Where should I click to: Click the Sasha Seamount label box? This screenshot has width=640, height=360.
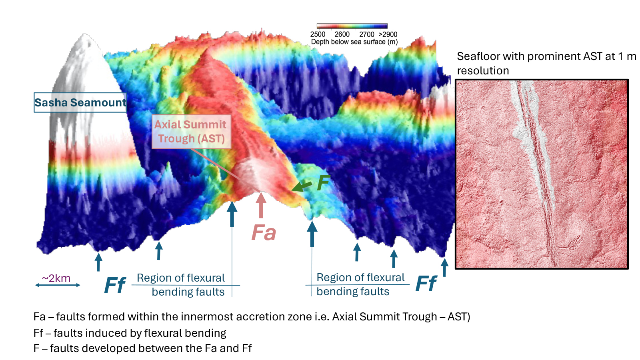pos(80,102)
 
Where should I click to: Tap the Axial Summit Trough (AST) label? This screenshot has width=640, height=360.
pos(191,132)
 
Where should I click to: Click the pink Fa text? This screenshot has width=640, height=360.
pos(264,232)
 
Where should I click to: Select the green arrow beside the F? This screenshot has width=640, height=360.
pos(302,186)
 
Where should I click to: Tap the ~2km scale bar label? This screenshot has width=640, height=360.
pos(56,278)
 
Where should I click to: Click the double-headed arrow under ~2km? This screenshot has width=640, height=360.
pos(58,285)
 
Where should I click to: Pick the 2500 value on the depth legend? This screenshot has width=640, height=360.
pos(318,34)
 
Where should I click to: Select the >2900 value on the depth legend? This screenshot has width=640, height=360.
pos(388,34)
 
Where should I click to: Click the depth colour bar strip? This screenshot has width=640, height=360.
pos(352,26)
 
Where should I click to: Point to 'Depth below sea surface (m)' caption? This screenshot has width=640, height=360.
pos(354,42)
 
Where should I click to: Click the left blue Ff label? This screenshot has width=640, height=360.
pos(115,285)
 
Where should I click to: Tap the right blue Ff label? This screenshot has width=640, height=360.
pos(426,284)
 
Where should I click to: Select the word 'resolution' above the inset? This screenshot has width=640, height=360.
pos(483,70)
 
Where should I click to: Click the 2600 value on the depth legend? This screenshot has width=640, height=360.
pos(342,34)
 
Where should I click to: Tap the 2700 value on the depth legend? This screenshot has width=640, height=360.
pos(366,34)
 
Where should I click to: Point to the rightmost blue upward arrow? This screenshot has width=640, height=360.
pos(444,268)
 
